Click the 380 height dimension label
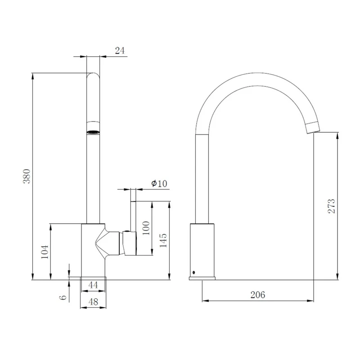27,176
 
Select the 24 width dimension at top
120,50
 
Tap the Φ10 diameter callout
159,183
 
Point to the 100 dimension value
146,228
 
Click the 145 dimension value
163,240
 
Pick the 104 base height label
45,252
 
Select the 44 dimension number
93,285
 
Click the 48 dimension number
93,301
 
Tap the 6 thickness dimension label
63,297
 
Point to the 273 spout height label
331,206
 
